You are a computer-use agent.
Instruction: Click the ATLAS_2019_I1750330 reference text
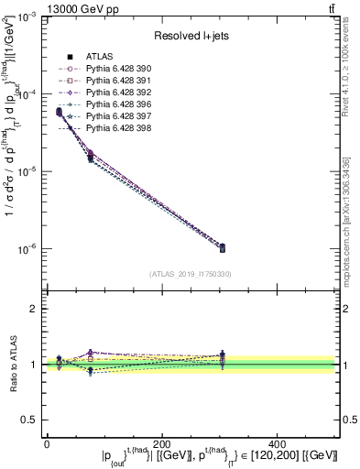[190, 274]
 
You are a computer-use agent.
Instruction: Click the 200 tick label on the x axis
[161, 443]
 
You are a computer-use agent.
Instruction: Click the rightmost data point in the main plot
[280, 247]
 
